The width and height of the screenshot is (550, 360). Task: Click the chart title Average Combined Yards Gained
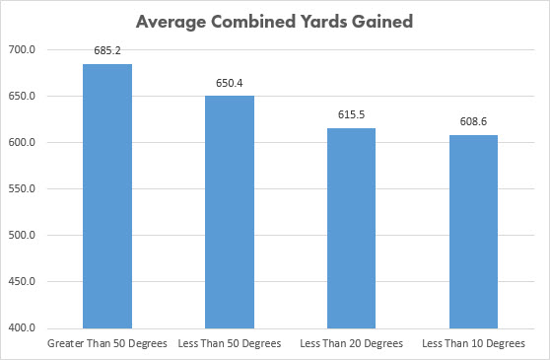pyautogui.click(x=274, y=22)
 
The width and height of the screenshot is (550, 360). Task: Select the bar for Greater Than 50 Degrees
pyautogui.click(x=107, y=196)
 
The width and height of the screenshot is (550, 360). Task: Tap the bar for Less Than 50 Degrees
pyautogui.click(x=230, y=212)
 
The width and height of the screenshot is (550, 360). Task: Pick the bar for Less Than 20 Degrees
pyautogui.click(x=352, y=229)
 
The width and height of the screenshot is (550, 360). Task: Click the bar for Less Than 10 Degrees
pyautogui.click(x=473, y=232)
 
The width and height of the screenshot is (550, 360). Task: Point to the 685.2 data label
pyautogui.click(x=107, y=51)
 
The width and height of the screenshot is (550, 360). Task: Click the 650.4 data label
pyautogui.click(x=230, y=83)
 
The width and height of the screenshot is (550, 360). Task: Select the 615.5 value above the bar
pyautogui.click(x=352, y=114)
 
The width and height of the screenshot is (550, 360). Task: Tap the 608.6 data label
pyautogui.click(x=473, y=121)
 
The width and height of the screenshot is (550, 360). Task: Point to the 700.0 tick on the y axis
pyautogui.click(x=22, y=50)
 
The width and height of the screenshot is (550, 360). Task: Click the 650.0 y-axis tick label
pyautogui.click(x=22, y=96)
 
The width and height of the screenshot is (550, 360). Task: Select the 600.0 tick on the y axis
pyautogui.click(x=22, y=142)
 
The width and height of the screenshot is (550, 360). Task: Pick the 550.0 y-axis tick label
pyautogui.click(x=22, y=188)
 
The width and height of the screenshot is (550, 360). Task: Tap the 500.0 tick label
pyautogui.click(x=22, y=235)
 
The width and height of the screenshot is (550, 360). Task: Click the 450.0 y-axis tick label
pyautogui.click(x=22, y=281)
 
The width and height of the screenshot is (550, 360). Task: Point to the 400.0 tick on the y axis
pyautogui.click(x=22, y=327)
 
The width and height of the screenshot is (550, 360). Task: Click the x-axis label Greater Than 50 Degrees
pyautogui.click(x=107, y=343)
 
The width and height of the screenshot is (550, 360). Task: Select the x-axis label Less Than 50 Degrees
pyautogui.click(x=230, y=343)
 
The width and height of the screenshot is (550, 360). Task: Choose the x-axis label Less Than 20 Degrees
pyautogui.click(x=352, y=343)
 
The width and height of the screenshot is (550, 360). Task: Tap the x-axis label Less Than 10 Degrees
pyautogui.click(x=473, y=343)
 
